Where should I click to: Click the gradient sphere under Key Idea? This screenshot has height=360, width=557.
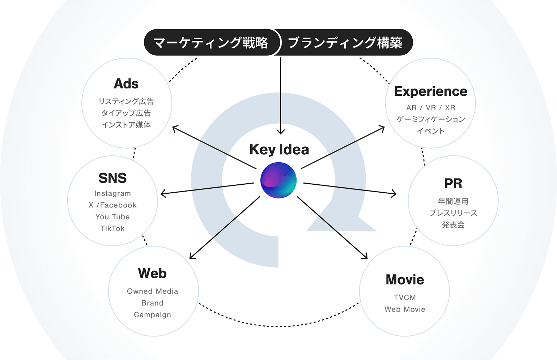[278, 180]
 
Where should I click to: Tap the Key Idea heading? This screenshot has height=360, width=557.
[279, 150]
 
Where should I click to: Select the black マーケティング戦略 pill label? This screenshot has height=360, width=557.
[211, 43]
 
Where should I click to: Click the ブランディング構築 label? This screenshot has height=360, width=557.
[345, 43]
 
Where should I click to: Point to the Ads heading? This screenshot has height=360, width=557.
[126, 84]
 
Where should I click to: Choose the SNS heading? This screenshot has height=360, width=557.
[112, 178]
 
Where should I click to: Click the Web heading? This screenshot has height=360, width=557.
[152, 274]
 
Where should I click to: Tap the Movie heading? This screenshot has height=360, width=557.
[405, 280]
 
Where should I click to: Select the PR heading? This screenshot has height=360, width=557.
[453, 184]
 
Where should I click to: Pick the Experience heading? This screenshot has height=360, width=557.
[430, 91]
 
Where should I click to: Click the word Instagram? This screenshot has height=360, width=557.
[112, 193]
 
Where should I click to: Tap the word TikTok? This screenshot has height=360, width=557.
[112, 228]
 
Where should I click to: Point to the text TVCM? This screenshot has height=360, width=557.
[405, 297]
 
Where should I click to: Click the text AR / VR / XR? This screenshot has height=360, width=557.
[430, 108]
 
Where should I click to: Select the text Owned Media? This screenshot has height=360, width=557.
[152, 291]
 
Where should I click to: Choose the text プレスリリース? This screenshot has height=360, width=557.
[453, 213]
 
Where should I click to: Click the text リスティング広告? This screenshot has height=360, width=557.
[126, 102]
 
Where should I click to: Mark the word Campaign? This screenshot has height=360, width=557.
[152, 315]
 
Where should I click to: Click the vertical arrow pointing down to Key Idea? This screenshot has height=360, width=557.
[281, 94]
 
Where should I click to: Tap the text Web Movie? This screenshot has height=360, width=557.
[405, 309]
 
